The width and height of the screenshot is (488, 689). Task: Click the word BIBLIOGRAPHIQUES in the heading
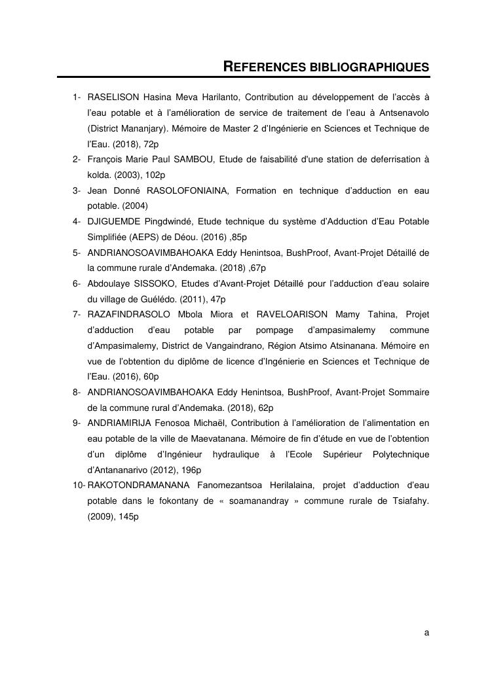pos(369,67)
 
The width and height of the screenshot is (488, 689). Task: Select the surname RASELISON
pos(113,97)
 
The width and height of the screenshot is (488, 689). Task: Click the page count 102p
pos(154,175)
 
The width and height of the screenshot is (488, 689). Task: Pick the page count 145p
pos(127,516)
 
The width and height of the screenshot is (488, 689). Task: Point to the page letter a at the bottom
pos(426,633)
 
